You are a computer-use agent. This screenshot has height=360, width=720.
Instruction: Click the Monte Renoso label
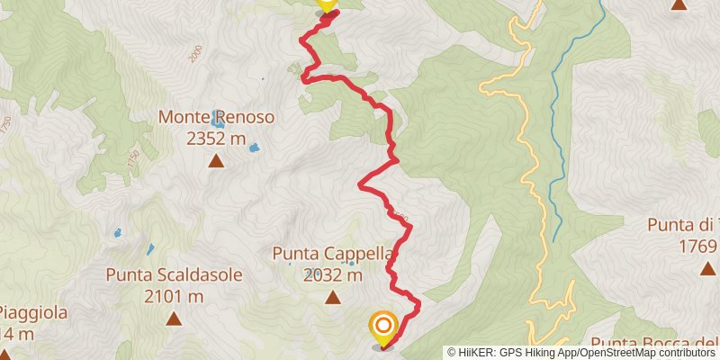(216, 118)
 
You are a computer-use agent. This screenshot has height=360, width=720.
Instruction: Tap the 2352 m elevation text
(216, 139)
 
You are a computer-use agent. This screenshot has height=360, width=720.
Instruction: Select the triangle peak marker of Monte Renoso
(216, 162)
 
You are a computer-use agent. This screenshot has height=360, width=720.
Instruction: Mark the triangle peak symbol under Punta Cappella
(333, 298)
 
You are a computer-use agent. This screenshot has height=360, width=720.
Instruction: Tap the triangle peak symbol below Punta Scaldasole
(174, 319)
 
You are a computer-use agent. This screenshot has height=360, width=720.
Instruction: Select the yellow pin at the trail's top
(327, 4)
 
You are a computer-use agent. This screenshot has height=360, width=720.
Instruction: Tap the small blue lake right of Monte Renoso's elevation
(255, 148)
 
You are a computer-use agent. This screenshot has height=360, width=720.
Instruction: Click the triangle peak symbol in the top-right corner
(679, 4)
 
